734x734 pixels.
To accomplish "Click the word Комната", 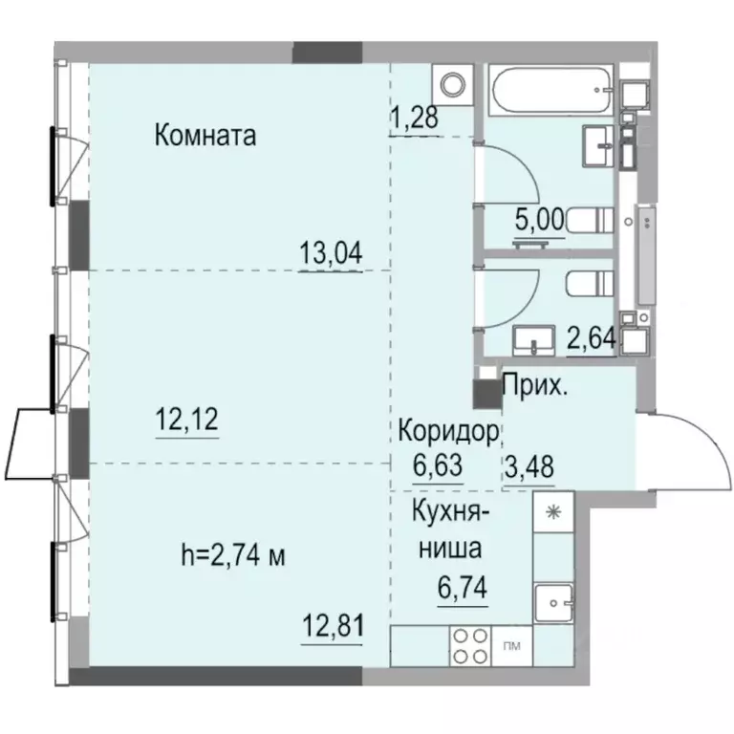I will point(205,136).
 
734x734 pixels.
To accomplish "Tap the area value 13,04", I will point(331,253).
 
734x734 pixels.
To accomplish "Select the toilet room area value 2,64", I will point(592,337).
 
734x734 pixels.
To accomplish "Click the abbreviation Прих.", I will point(532,388).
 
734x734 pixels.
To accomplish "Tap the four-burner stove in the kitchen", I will point(469,646).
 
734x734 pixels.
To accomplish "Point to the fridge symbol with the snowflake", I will point(551,512).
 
